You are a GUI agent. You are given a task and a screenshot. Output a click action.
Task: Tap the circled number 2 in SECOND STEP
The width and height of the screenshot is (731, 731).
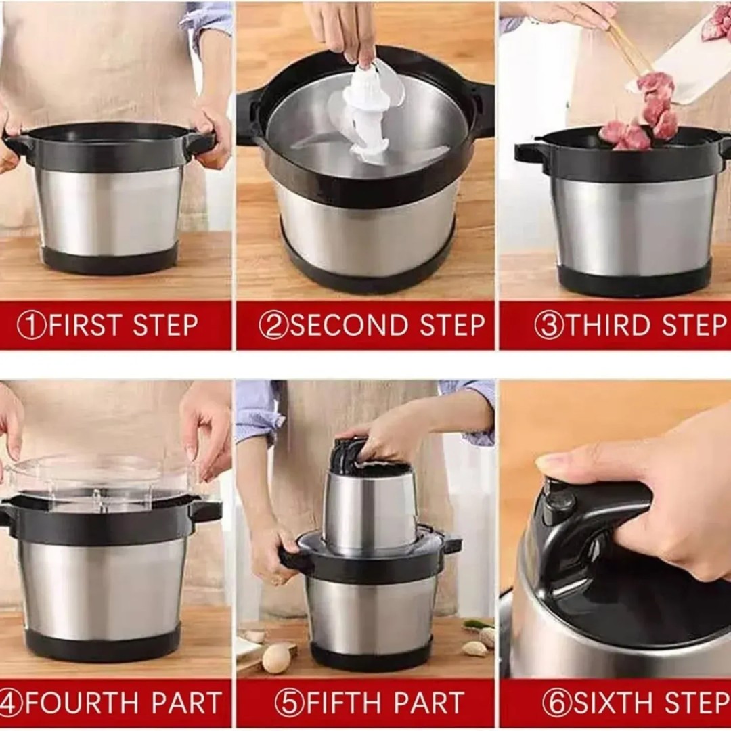(x=273, y=326)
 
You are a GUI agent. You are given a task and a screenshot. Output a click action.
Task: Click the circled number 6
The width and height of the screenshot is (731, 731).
(x=556, y=703)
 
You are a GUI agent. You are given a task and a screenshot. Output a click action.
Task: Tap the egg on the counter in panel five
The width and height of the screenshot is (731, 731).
(x=276, y=659)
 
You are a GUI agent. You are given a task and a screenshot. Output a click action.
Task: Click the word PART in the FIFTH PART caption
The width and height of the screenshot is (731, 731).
(x=431, y=703)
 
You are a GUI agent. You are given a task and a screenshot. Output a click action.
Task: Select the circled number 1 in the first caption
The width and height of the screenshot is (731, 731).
(x=30, y=326)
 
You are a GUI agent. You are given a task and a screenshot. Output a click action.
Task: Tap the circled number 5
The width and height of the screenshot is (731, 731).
(x=289, y=703)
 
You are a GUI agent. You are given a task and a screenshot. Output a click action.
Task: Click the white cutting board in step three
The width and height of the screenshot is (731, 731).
(x=681, y=61)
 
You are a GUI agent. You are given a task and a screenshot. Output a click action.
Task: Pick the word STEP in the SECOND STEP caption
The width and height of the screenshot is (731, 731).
(x=452, y=325)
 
